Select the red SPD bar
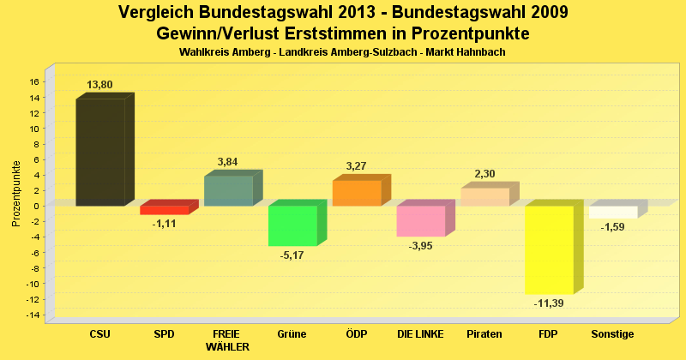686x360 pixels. pyautogui.click(x=164, y=210)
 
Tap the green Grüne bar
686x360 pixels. pyautogui.click(x=292, y=225)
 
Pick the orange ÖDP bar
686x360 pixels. pyautogui.click(x=357, y=193)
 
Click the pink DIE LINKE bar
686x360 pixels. pyautogui.click(x=420, y=221)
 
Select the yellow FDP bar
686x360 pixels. pyautogui.click(x=549, y=249)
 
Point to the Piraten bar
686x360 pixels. pyautogui.click(x=484, y=197)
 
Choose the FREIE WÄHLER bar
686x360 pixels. pyautogui.click(x=228, y=190)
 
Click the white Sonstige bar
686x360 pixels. pyautogui.click(x=613, y=212)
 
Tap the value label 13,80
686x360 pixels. pyautogui.click(x=100, y=85)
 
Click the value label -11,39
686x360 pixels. pyautogui.click(x=549, y=303)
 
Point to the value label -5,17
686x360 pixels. pyautogui.click(x=292, y=255)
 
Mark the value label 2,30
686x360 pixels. pyautogui.click(x=484, y=174)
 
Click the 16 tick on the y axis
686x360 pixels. pyautogui.click(x=34, y=82)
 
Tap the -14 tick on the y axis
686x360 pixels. pyautogui.click(x=33, y=315)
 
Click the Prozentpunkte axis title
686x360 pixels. pyautogui.click(x=16, y=194)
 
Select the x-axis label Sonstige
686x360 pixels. pyautogui.click(x=612, y=333)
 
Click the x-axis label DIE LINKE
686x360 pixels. pyautogui.click(x=420, y=333)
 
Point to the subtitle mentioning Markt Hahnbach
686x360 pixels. pyautogui.click(x=342, y=52)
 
